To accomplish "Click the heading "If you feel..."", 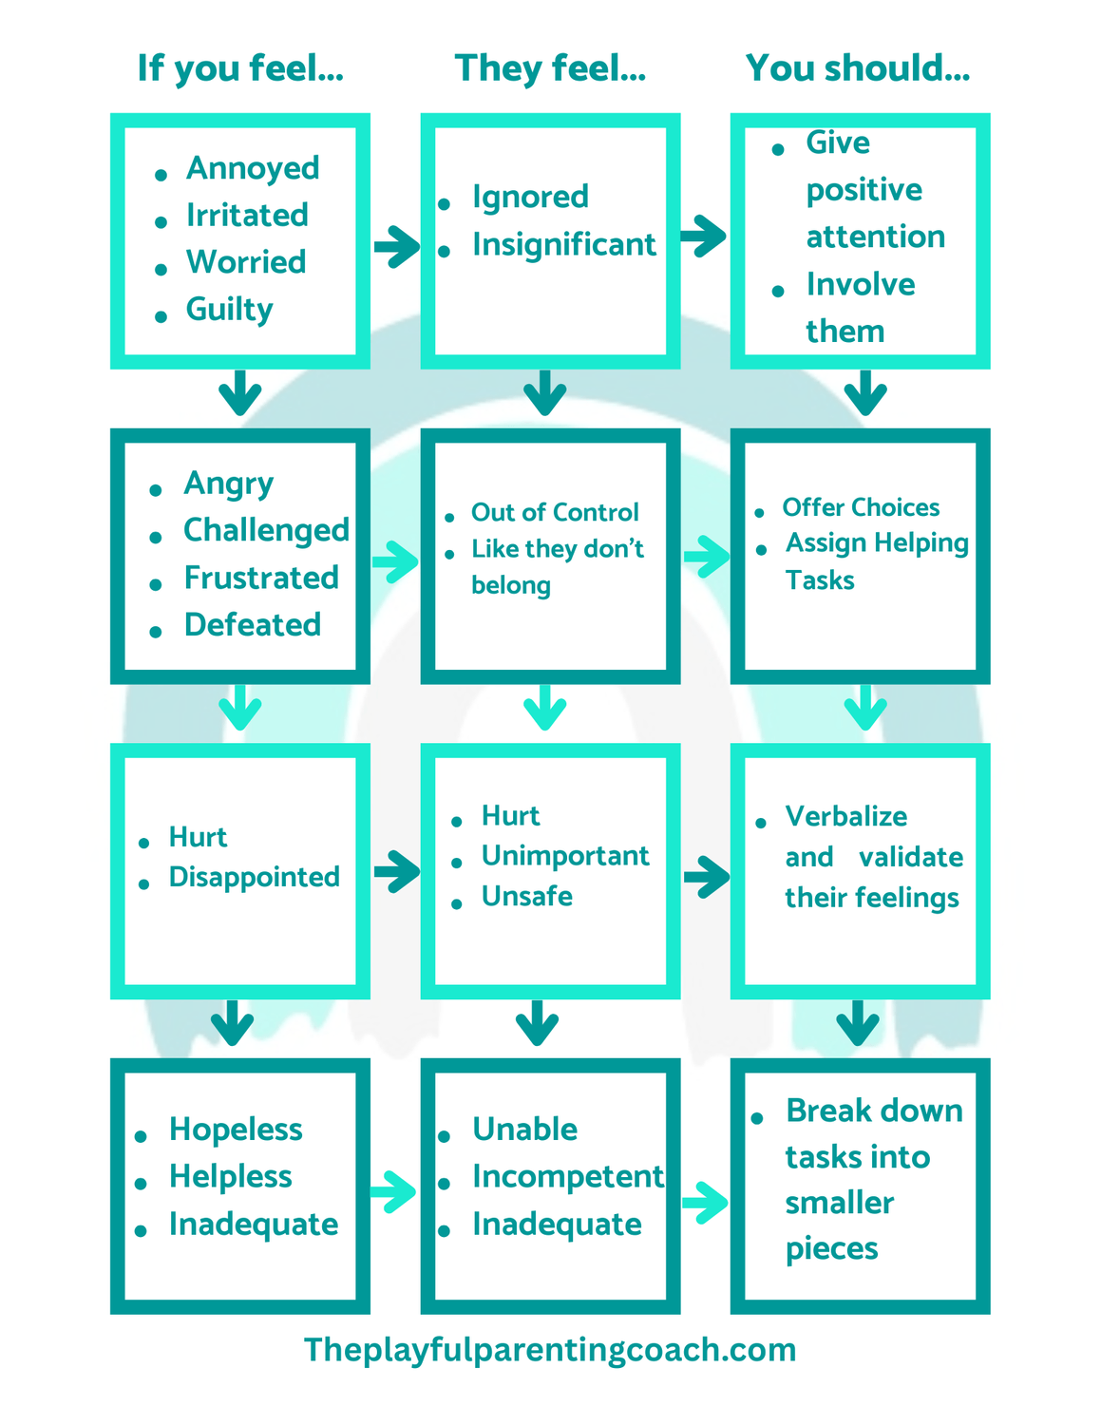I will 240,68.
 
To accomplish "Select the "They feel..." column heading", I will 550,68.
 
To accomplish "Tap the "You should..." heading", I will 858,68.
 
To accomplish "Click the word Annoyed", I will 253,168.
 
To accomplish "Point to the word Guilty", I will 229,310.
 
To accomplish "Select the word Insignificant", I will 563,245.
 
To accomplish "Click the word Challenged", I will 266,530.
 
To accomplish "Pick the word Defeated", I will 253,625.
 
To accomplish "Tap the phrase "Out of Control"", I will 555,513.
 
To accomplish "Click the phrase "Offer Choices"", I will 861,507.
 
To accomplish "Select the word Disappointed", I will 254,877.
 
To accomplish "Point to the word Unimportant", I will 565,856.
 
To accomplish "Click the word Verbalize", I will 845,817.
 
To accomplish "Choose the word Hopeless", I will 236,1130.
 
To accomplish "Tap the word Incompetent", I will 567,1177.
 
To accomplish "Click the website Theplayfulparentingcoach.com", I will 550,1350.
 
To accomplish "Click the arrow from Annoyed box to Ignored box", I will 397,247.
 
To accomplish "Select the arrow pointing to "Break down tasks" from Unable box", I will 705,1202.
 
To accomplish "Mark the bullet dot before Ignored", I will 444,204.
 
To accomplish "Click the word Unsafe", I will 526,897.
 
